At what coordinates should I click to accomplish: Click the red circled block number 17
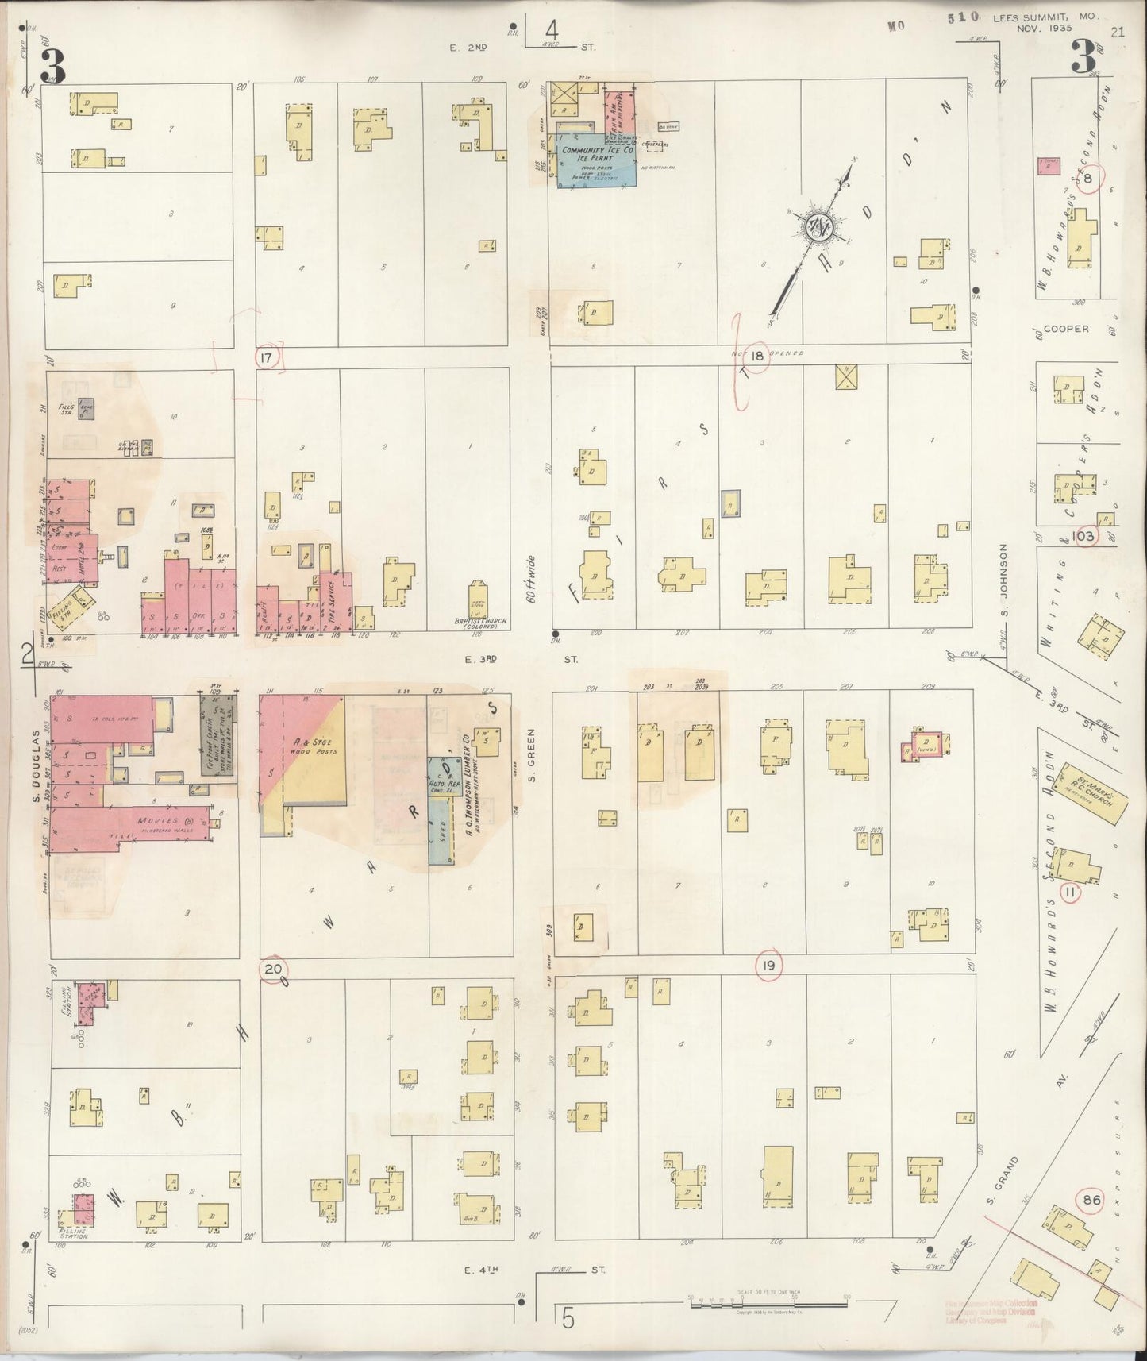point(266,358)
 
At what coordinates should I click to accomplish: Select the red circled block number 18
point(757,357)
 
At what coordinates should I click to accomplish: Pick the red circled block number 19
point(768,966)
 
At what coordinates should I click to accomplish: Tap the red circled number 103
point(1083,536)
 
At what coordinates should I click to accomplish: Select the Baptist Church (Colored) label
point(478,623)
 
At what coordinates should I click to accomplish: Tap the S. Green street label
point(533,754)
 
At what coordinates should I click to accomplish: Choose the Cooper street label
point(1066,328)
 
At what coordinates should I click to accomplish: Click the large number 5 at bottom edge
point(568,1319)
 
